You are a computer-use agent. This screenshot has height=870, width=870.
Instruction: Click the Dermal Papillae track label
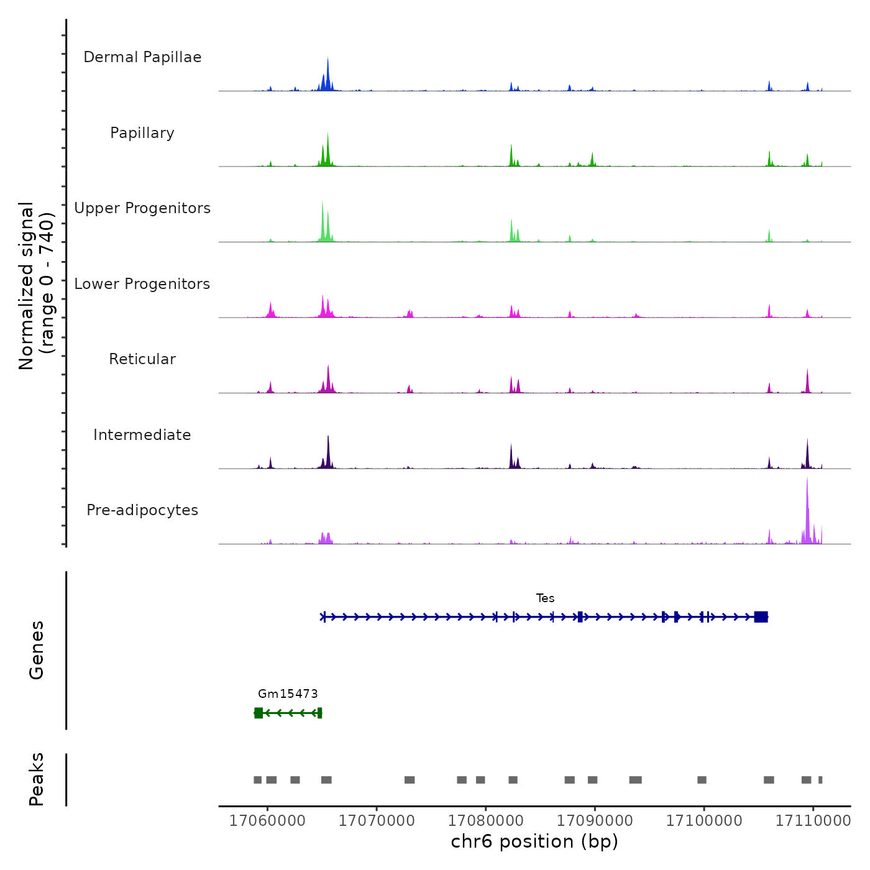142,57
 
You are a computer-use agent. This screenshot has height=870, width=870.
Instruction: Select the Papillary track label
142,133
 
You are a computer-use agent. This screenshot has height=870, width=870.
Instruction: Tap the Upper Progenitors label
142,208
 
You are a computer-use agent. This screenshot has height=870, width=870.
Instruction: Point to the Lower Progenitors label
142,284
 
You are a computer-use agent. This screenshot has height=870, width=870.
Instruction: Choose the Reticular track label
142,359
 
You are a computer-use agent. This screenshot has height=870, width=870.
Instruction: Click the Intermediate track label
142,435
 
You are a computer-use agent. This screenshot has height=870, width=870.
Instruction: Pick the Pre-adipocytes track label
142,510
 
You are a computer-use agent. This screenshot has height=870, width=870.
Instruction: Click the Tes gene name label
545,598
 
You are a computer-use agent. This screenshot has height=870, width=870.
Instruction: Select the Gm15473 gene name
288,694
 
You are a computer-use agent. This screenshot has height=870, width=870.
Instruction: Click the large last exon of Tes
761,616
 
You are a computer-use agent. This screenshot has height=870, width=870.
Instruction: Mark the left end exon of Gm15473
259,713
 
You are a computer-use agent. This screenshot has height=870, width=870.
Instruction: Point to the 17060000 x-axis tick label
267,821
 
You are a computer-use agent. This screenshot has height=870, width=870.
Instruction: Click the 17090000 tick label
595,821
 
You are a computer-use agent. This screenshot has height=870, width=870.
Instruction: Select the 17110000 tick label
813,821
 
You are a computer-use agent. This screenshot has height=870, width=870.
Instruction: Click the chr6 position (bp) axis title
534,841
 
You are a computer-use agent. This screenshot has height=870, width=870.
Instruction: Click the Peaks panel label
37,779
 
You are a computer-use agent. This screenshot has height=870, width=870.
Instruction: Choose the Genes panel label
37,650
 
